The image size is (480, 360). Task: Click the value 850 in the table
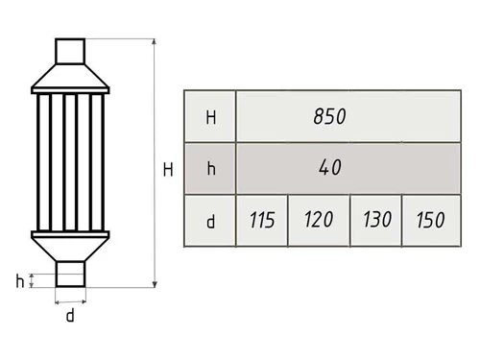click(x=329, y=116)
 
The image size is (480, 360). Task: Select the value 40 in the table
click(x=330, y=167)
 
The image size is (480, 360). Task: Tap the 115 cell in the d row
click(x=262, y=221)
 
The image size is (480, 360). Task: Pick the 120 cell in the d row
click(x=319, y=220)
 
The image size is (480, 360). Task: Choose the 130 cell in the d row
click(x=377, y=220)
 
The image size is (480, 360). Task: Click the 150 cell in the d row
click(x=430, y=220)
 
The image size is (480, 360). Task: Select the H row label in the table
click(x=211, y=117)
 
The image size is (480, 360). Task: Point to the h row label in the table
click(x=211, y=168)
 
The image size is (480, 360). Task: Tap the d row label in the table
click(x=210, y=221)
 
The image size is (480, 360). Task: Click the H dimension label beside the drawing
click(x=168, y=170)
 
